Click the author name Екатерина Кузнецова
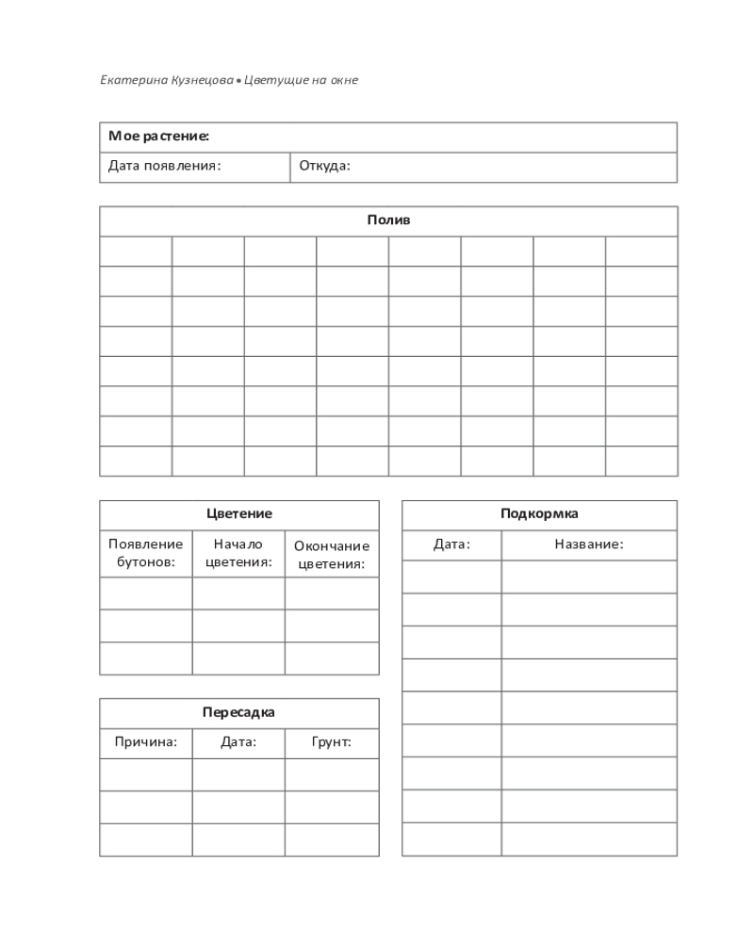pos(166,80)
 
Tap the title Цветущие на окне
pos(301,80)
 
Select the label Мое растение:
pos(158,137)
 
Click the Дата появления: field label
pos(164,166)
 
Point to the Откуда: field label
pos(325,166)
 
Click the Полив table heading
pos(388,220)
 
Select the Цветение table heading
pos(239,514)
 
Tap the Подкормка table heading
pos(539,514)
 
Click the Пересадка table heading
pos(239,712)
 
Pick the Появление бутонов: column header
pos(146,553)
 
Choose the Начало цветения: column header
pos(238,553)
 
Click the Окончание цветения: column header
pos(332,555)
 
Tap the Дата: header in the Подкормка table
pos(451,544)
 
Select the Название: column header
pos(589,544)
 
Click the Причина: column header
pos(146,742)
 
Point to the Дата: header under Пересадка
pos(238,742)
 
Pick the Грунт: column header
pos(332,742)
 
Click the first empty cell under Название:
pos(589,577)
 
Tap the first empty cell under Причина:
pos(146,774)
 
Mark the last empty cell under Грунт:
pos(332,839)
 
